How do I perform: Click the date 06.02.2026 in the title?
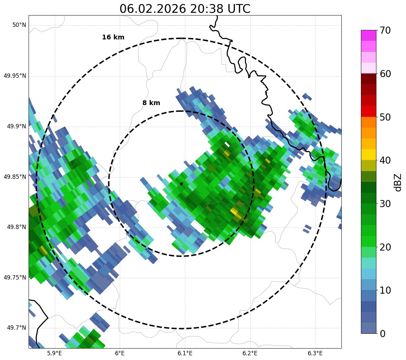point(152,9)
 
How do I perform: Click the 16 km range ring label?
point(113,37)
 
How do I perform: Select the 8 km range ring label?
point(151,103)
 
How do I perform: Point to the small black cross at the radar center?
point(181,184)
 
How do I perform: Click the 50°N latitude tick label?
point(19,25)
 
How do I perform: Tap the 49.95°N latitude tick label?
point(15,76)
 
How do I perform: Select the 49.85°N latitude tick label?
point(15,177)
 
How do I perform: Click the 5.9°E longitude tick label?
point(54,353)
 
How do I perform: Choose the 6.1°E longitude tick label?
point(185,353)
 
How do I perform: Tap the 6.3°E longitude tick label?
point(315,353)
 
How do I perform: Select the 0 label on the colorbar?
point(382,334)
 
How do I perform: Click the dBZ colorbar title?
point(398,182)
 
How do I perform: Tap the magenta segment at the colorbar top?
point(368,35)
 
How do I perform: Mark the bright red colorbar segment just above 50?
point(368,111)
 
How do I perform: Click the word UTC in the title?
point(239,9)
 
